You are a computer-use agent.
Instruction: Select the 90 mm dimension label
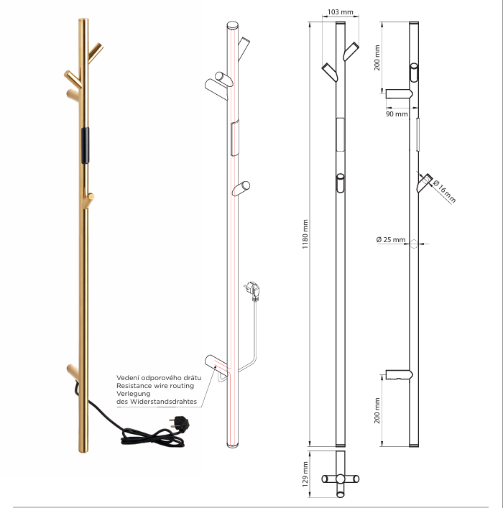pos(397,114)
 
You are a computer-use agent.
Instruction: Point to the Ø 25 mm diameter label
pos(391,240)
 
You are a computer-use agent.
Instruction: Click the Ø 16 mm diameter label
pos(445,190)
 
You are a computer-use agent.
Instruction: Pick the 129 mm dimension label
pos(305,472)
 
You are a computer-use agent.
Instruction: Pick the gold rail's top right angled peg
pos(95,51)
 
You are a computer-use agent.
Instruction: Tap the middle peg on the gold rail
pos(90,198)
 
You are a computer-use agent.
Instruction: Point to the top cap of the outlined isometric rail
pos(232,26)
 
